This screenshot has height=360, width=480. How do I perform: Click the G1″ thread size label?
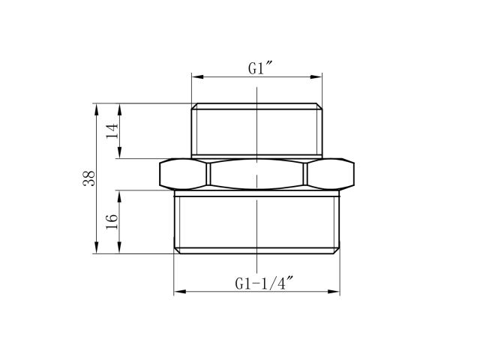click(259, 68)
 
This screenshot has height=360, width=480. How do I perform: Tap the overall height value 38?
click(88, 178)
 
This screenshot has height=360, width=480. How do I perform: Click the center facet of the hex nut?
click(257, 174)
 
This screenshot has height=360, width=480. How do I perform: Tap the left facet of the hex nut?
click(184, 174)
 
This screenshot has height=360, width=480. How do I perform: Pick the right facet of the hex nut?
click(330, 174)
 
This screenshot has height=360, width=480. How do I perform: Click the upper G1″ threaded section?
click(257, 131)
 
